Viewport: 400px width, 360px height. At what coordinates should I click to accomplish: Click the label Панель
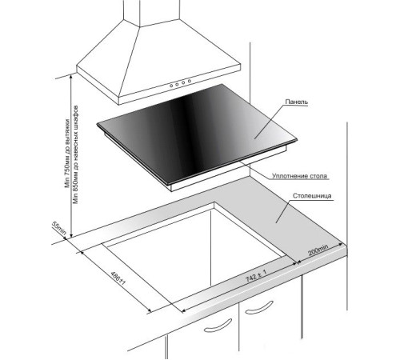pos(296,102)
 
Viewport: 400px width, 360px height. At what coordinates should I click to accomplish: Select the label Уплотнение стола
pos(299,176)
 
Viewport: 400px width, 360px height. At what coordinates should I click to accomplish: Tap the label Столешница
pos(312,196)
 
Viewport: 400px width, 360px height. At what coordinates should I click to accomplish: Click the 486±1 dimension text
pos(118,278)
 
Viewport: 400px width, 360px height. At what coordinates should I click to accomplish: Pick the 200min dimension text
pos(318,250)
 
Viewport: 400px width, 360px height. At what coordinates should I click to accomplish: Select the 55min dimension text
pos(58,228)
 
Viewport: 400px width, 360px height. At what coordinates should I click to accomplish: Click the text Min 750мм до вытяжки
pos(67,154)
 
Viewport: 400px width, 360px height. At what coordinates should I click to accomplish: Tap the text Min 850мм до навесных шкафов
pos(76,154)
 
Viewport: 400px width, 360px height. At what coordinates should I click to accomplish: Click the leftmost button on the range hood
pos(171,86)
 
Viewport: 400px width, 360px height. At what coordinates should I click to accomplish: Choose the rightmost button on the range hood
pos(190,81)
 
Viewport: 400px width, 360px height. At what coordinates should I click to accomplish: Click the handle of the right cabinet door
pos(259,308)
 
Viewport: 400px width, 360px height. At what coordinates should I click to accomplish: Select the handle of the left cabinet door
pos(218,326)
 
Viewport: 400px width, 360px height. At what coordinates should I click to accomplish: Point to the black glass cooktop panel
pos(197,134)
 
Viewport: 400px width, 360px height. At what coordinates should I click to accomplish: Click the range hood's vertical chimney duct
pos(151,13)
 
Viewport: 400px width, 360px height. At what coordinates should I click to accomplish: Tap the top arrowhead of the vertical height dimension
pos(71,77)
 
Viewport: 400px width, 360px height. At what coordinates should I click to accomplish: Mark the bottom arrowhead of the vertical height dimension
pos(71,235)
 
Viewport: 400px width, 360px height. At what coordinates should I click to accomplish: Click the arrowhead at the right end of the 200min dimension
pos(341,244)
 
